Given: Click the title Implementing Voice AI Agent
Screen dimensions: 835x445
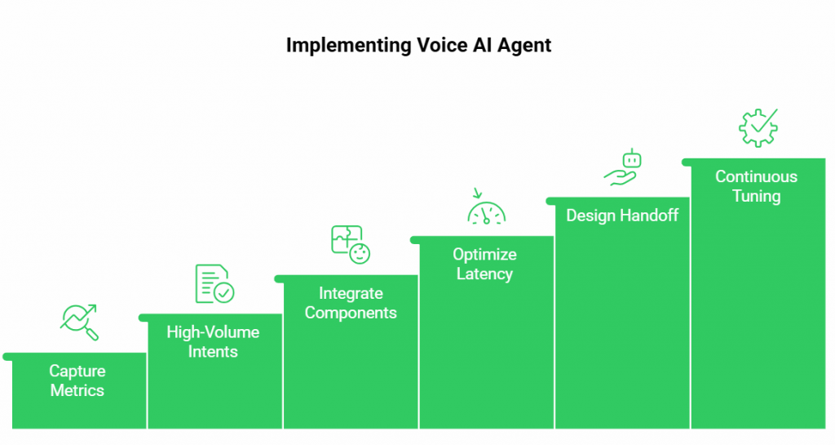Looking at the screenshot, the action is (x=418, y=45).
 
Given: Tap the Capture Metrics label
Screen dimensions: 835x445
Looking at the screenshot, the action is (x=77, y=380).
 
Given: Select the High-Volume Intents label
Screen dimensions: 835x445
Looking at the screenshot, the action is (x=213, y=341).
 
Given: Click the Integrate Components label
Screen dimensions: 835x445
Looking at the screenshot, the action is (x=351, y=303).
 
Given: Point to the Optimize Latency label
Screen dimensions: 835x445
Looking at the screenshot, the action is (x=484, y=264).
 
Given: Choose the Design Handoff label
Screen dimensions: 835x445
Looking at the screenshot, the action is (x=622, y=216).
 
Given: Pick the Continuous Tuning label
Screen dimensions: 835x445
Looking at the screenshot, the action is (x=756, y=186).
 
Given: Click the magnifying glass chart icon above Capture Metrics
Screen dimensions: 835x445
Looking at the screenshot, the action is (x=79, y=323).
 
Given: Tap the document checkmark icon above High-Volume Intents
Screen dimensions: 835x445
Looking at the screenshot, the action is (x=214, y=283).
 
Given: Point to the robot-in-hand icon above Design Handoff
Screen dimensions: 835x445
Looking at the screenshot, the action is (x=622, y=167).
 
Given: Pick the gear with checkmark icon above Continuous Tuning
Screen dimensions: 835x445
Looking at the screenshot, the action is (x=758, y=128).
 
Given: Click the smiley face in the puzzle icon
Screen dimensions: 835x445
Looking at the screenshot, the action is (x=360, y=253).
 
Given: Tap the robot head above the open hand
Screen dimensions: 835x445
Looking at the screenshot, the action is (x=632, y=159).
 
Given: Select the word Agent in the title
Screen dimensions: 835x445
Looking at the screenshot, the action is (x=524, y=47).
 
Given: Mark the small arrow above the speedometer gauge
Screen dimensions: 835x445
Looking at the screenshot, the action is (x=477, y=193).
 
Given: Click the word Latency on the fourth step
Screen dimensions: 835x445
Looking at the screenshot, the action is (x=484, y=274).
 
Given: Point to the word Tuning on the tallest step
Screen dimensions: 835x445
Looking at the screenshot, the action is (x=756, y=196).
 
